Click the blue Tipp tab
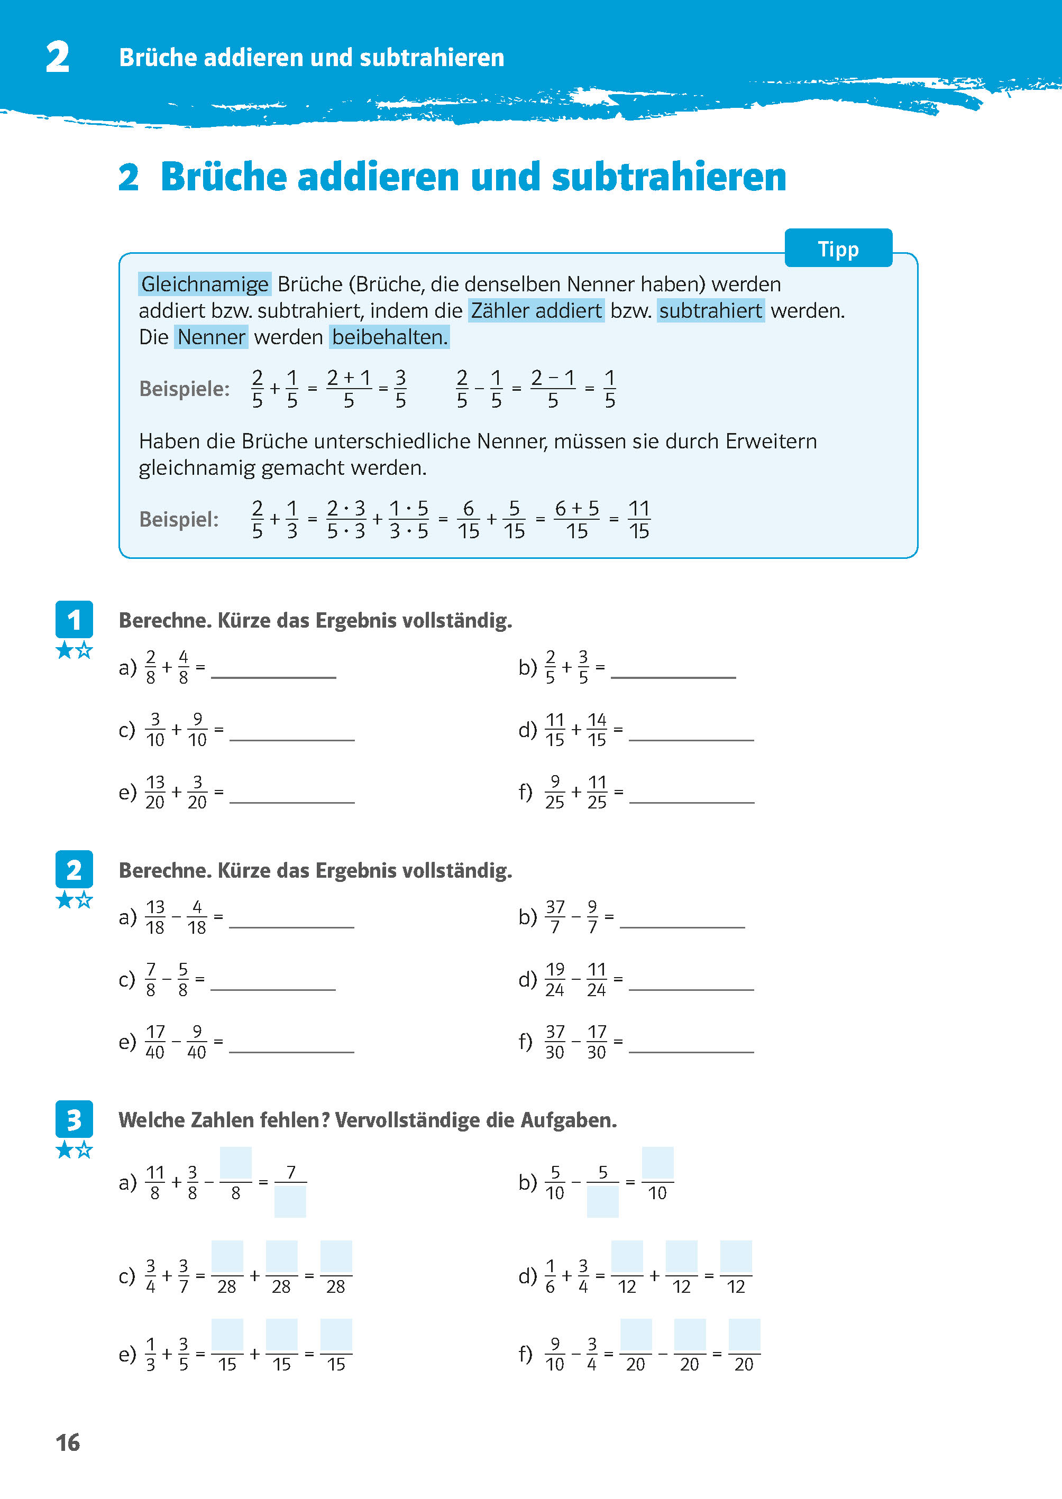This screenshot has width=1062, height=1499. click(x=838, y=249)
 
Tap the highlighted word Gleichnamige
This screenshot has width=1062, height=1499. click(x=205, y=284)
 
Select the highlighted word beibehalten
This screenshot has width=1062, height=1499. click(x=389, y=337)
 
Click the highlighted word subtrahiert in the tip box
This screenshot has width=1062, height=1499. click(x=710, y=310)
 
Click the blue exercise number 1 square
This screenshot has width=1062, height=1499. click(x=74, y=619)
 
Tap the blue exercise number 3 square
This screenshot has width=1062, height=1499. click(x=74, y=1119)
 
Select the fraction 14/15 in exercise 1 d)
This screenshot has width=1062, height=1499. click(x=597, y=730)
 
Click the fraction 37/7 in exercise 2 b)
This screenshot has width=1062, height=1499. click(x=555, y=916)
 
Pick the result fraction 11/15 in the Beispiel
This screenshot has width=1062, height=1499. click(x=638, y=520)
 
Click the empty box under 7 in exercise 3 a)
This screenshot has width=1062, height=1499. click(x=290, y=1201)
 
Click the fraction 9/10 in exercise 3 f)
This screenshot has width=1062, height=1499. click(x=555, y=1354)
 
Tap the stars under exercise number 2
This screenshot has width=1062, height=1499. click(x=74, y=900)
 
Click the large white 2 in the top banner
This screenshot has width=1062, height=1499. click(x=58, y=57)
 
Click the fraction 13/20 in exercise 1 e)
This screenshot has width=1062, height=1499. click(x=155, y=792)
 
